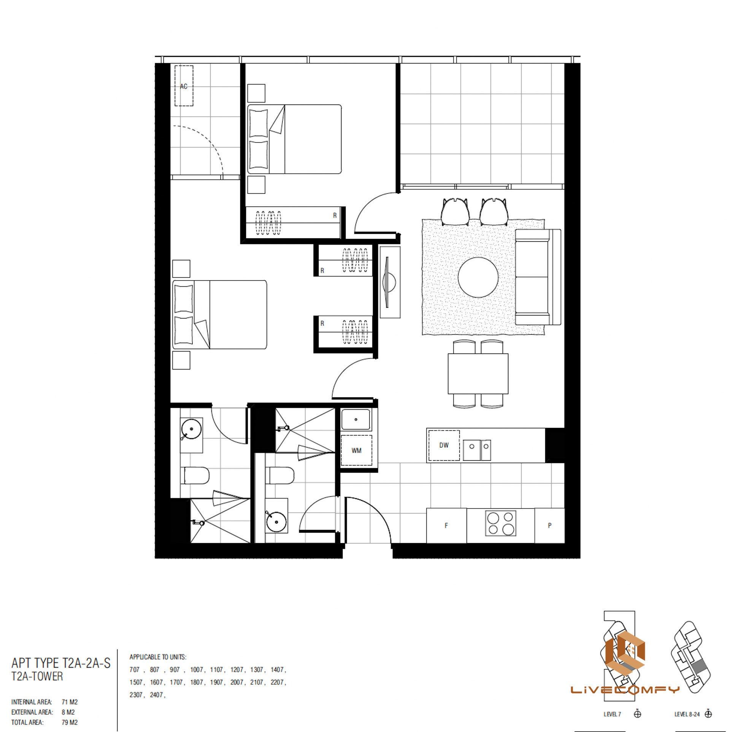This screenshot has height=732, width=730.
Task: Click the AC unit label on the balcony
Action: pos(184,87)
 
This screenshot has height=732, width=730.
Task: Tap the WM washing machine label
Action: pos(356,451)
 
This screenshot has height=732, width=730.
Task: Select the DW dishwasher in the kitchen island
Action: pos(444,445)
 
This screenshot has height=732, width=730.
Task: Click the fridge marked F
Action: pos(446,526)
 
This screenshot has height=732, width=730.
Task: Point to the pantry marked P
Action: pos(549,526)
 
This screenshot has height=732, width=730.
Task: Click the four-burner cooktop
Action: pos(501,524)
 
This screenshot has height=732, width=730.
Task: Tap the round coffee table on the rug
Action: pos(478,278)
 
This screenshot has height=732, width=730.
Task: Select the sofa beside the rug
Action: pos(538,277)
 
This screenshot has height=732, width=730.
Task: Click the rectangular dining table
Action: pos(478,374)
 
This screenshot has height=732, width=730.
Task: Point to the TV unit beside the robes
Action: pos(390,282)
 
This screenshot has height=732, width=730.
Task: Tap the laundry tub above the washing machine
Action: pos(356,420)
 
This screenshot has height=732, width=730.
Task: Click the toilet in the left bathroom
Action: pos(194,475)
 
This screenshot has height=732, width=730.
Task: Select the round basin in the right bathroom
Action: pos(276,523)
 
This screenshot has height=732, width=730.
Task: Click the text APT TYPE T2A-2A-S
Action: pos(61,663)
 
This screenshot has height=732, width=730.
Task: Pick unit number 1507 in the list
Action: pos(136,682)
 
